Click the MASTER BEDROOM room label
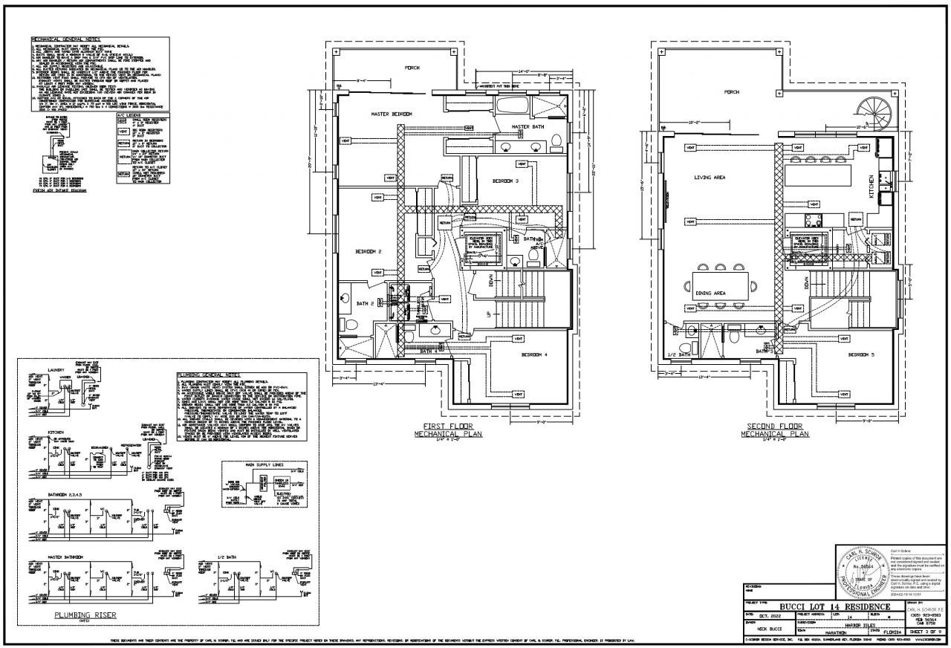(392, 114)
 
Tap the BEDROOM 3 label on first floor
(505, 181)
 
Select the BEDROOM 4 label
(534, 354)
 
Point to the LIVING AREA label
(710, 178)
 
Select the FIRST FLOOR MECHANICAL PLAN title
(448, 429)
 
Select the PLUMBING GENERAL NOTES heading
(209, 375)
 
